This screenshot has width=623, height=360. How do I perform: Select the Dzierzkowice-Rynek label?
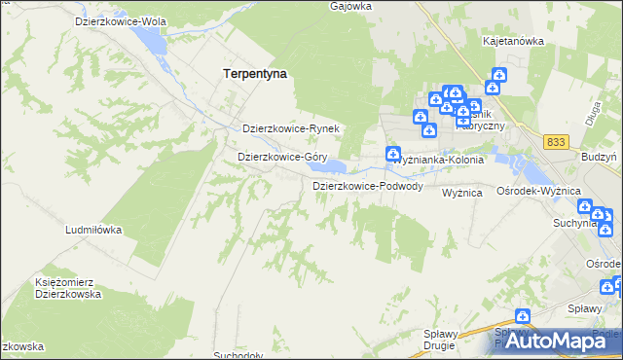pyautogui.click(x=289, y=128)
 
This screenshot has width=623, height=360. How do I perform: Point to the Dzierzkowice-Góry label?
pyautogui.click(x=281, y=156)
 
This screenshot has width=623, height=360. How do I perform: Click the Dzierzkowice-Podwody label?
pyautogui.click(x=367, y=186)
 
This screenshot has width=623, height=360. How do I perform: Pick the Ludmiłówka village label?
pyautogui.click(x=92, y=230)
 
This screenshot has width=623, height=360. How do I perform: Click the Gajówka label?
pyautogui.click(x=351, y=6)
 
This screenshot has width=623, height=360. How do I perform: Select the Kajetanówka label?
pyautogui.click(x=512, y=42)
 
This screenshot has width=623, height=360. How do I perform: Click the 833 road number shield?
pyautogui.click(x=556, y=142)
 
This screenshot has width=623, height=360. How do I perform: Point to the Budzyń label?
pyautogui.click(x=597, y=158)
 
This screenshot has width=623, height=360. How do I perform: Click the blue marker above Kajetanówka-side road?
pyautogui.click(x=499, y=75)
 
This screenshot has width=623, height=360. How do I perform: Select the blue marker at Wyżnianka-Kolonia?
pyautogui.click(x=392, y=153)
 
